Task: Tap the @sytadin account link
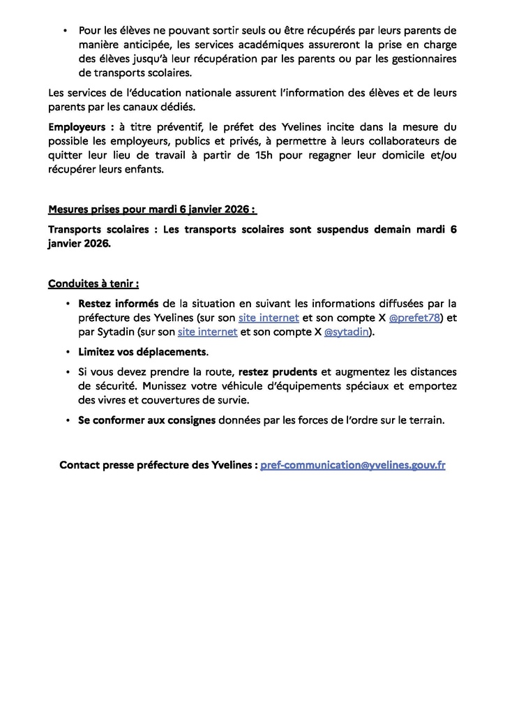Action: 348,332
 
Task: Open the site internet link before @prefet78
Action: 269,318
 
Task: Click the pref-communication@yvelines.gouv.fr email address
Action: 352,465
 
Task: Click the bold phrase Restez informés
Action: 119,304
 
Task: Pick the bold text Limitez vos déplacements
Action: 142,351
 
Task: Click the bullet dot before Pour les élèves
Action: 66,31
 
